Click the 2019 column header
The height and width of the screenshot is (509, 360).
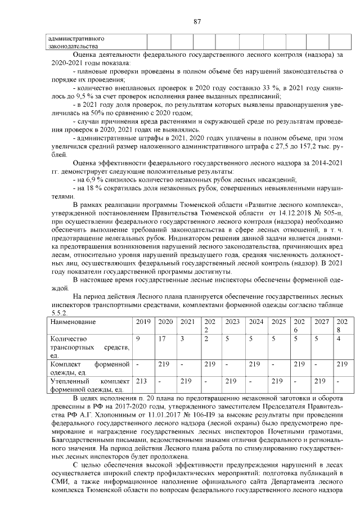(145, 322)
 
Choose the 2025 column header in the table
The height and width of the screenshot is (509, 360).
(278, 322)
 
